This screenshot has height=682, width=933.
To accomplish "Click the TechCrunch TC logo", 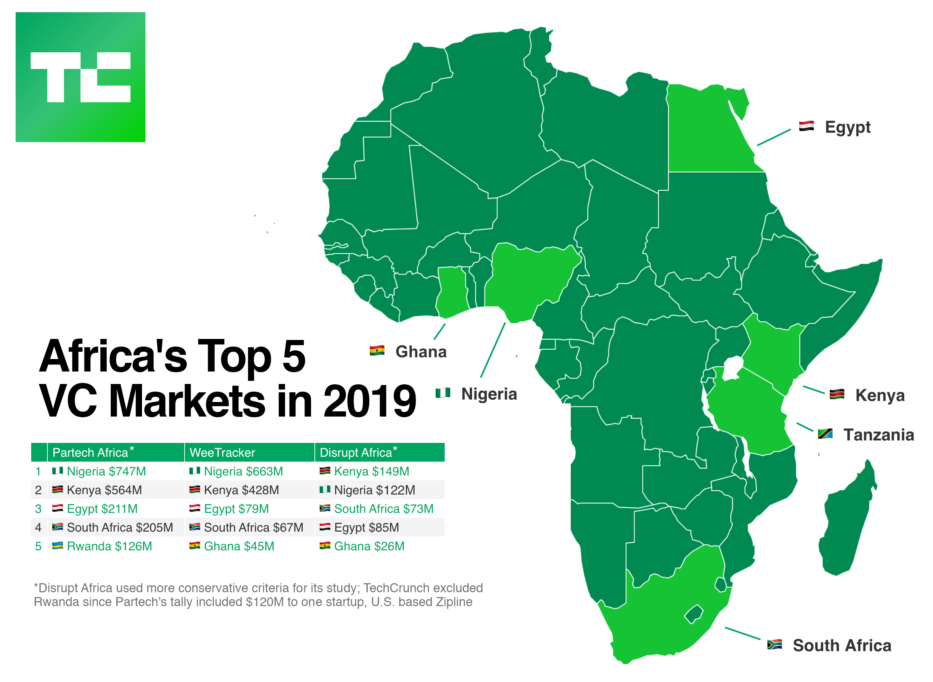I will click(80, 77).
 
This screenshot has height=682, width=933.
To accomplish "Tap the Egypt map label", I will click(847, 127).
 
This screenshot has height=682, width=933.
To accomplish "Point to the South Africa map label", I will click(842, 646).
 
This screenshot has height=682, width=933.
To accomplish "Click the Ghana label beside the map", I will click(421, 352).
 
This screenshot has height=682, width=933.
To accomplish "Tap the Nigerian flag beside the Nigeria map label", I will click(443, 393).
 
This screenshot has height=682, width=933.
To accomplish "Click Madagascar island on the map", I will click(846, 524).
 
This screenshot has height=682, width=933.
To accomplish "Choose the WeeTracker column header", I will click(222, 453).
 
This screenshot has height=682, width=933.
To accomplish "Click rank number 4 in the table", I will click(38, 527).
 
